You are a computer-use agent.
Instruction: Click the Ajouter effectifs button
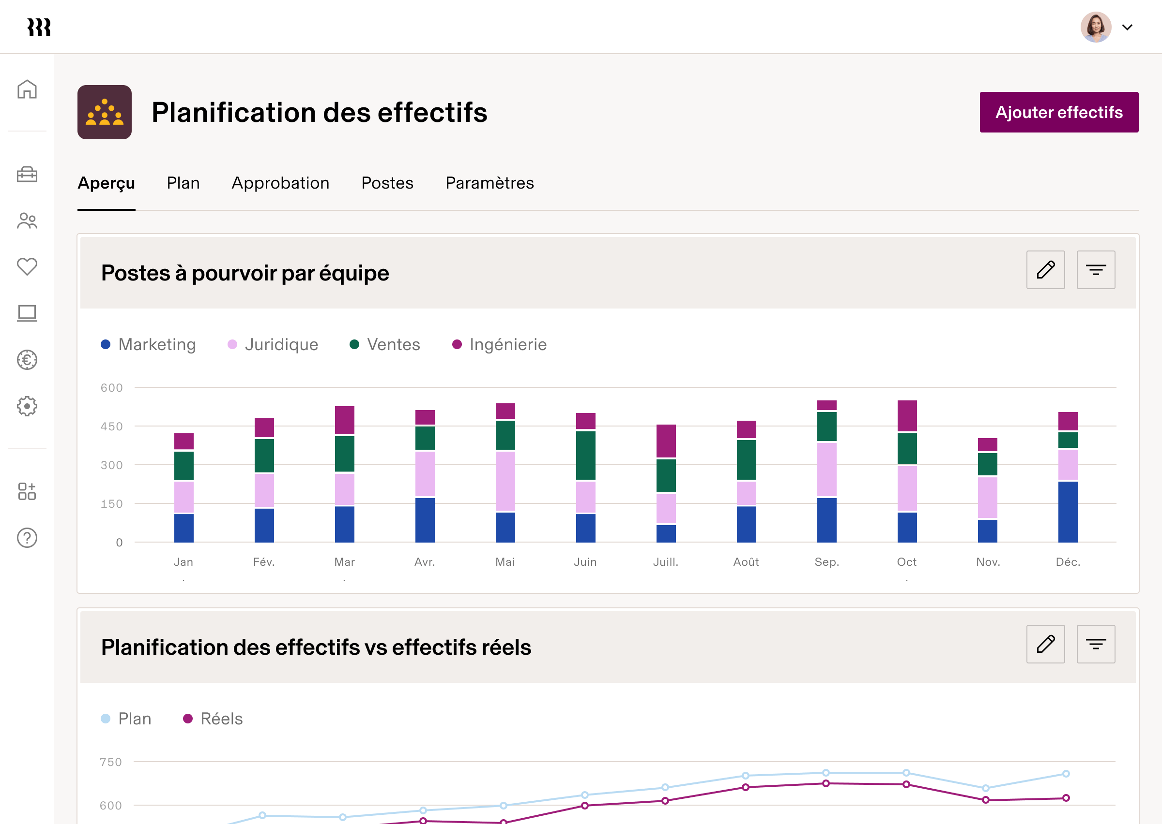1058,112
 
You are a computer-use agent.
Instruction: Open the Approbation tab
280,183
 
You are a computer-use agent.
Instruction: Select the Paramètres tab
489,183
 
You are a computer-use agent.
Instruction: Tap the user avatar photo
1096,28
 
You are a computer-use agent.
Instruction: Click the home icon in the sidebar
27,89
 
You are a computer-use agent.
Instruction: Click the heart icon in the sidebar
27,266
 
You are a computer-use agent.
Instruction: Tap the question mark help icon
27,538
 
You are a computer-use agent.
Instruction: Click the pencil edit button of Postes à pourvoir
1045,270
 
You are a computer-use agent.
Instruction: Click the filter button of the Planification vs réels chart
1096,645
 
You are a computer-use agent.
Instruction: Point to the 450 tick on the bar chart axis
112,427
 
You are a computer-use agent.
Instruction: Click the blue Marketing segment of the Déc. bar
1068,512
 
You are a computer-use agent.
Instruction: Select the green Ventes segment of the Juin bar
585,455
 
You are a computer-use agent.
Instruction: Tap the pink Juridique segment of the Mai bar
505,481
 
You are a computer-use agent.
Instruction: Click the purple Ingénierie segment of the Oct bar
906,415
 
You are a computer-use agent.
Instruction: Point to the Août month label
746,562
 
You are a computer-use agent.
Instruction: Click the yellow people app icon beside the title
104,112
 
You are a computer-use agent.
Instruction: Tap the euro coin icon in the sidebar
27,360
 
